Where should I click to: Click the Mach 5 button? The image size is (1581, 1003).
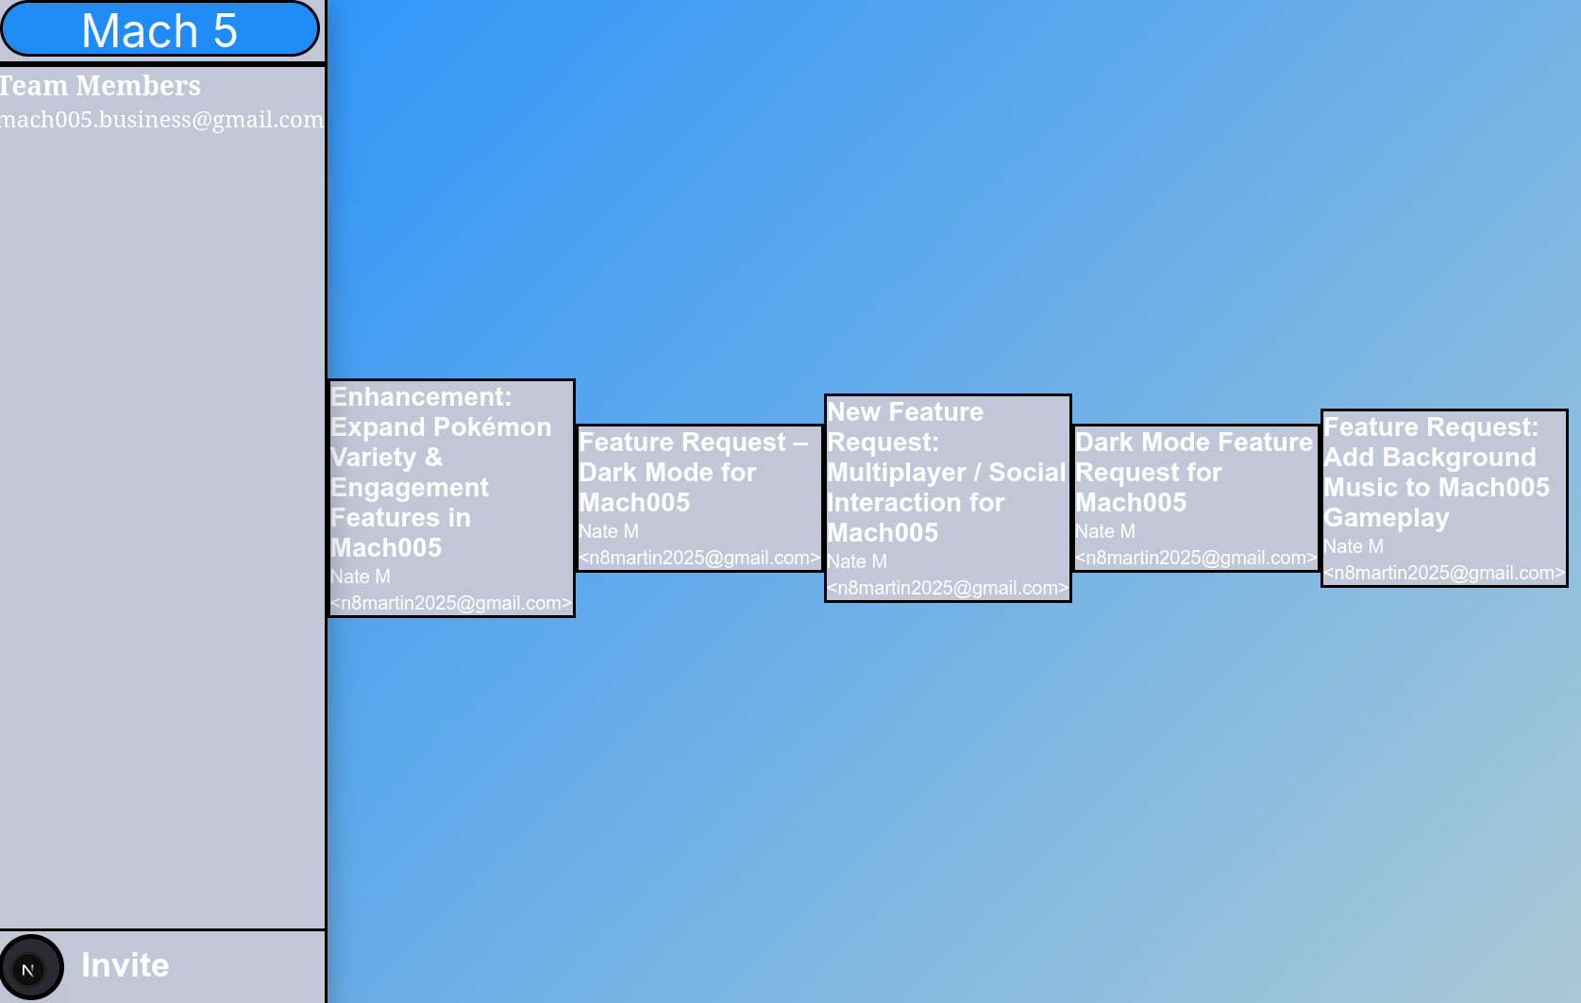160,29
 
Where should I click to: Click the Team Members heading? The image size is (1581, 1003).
100,86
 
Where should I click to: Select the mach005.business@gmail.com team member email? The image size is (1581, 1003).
161,120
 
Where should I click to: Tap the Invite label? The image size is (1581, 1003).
125,965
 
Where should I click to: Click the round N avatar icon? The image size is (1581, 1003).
29,968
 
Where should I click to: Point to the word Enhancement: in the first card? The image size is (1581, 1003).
421,397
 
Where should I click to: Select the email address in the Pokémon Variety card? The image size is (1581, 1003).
451,603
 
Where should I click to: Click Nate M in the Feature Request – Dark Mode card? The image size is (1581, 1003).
609,531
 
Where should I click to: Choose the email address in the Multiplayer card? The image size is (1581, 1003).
948,588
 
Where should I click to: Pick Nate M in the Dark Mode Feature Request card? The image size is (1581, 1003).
1105,531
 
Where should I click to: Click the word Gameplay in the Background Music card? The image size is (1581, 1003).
1387,518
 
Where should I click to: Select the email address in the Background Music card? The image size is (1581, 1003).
1444,573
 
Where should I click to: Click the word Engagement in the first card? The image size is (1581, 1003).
410,488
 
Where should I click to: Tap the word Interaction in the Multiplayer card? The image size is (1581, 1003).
889,503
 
